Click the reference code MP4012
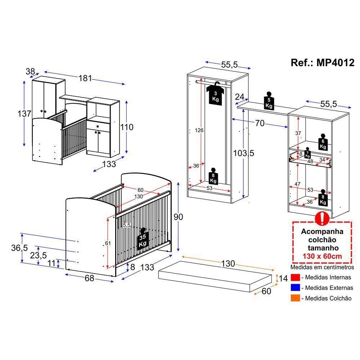tap(322, 63)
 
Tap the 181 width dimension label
tap(85, 78)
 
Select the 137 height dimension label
tap(24, 114)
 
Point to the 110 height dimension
tap(127, 127)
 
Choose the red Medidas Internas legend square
tap(295, 278)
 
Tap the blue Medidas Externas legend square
tap(295, 288)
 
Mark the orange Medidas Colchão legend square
tap(295, 298)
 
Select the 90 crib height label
tap(178, 217)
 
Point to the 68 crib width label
tap(89, 278)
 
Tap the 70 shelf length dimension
tap(260, 124)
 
